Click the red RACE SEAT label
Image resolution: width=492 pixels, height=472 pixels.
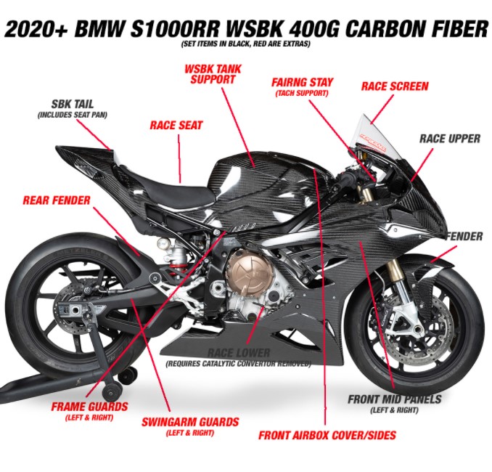click(176, 126)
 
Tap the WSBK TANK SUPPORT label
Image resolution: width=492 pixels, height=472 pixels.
click(213, 74)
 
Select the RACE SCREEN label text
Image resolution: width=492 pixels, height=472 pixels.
click(395, 86)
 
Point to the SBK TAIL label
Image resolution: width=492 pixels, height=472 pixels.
click(73, 104)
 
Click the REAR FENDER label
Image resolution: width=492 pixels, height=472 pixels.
click(57, 200)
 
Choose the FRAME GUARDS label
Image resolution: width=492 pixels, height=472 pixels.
click(89, 407)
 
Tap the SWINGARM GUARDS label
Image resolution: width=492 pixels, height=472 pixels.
click(190, 422)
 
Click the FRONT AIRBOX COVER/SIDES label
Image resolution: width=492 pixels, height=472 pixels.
click(327, 435)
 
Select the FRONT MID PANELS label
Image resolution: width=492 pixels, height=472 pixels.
click(395, 399)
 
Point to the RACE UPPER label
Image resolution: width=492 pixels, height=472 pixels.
click(450, 139)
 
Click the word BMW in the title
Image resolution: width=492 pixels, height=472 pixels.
click(99, 28)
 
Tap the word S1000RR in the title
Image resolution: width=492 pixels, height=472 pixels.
click(175, 28)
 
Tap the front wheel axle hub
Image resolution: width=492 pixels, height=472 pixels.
click(417, 330)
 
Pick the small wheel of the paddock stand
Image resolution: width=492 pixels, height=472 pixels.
click(112, 392)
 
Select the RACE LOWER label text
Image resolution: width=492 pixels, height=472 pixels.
click(239, 353)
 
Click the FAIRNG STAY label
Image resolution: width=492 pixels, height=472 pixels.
click(302, 82)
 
